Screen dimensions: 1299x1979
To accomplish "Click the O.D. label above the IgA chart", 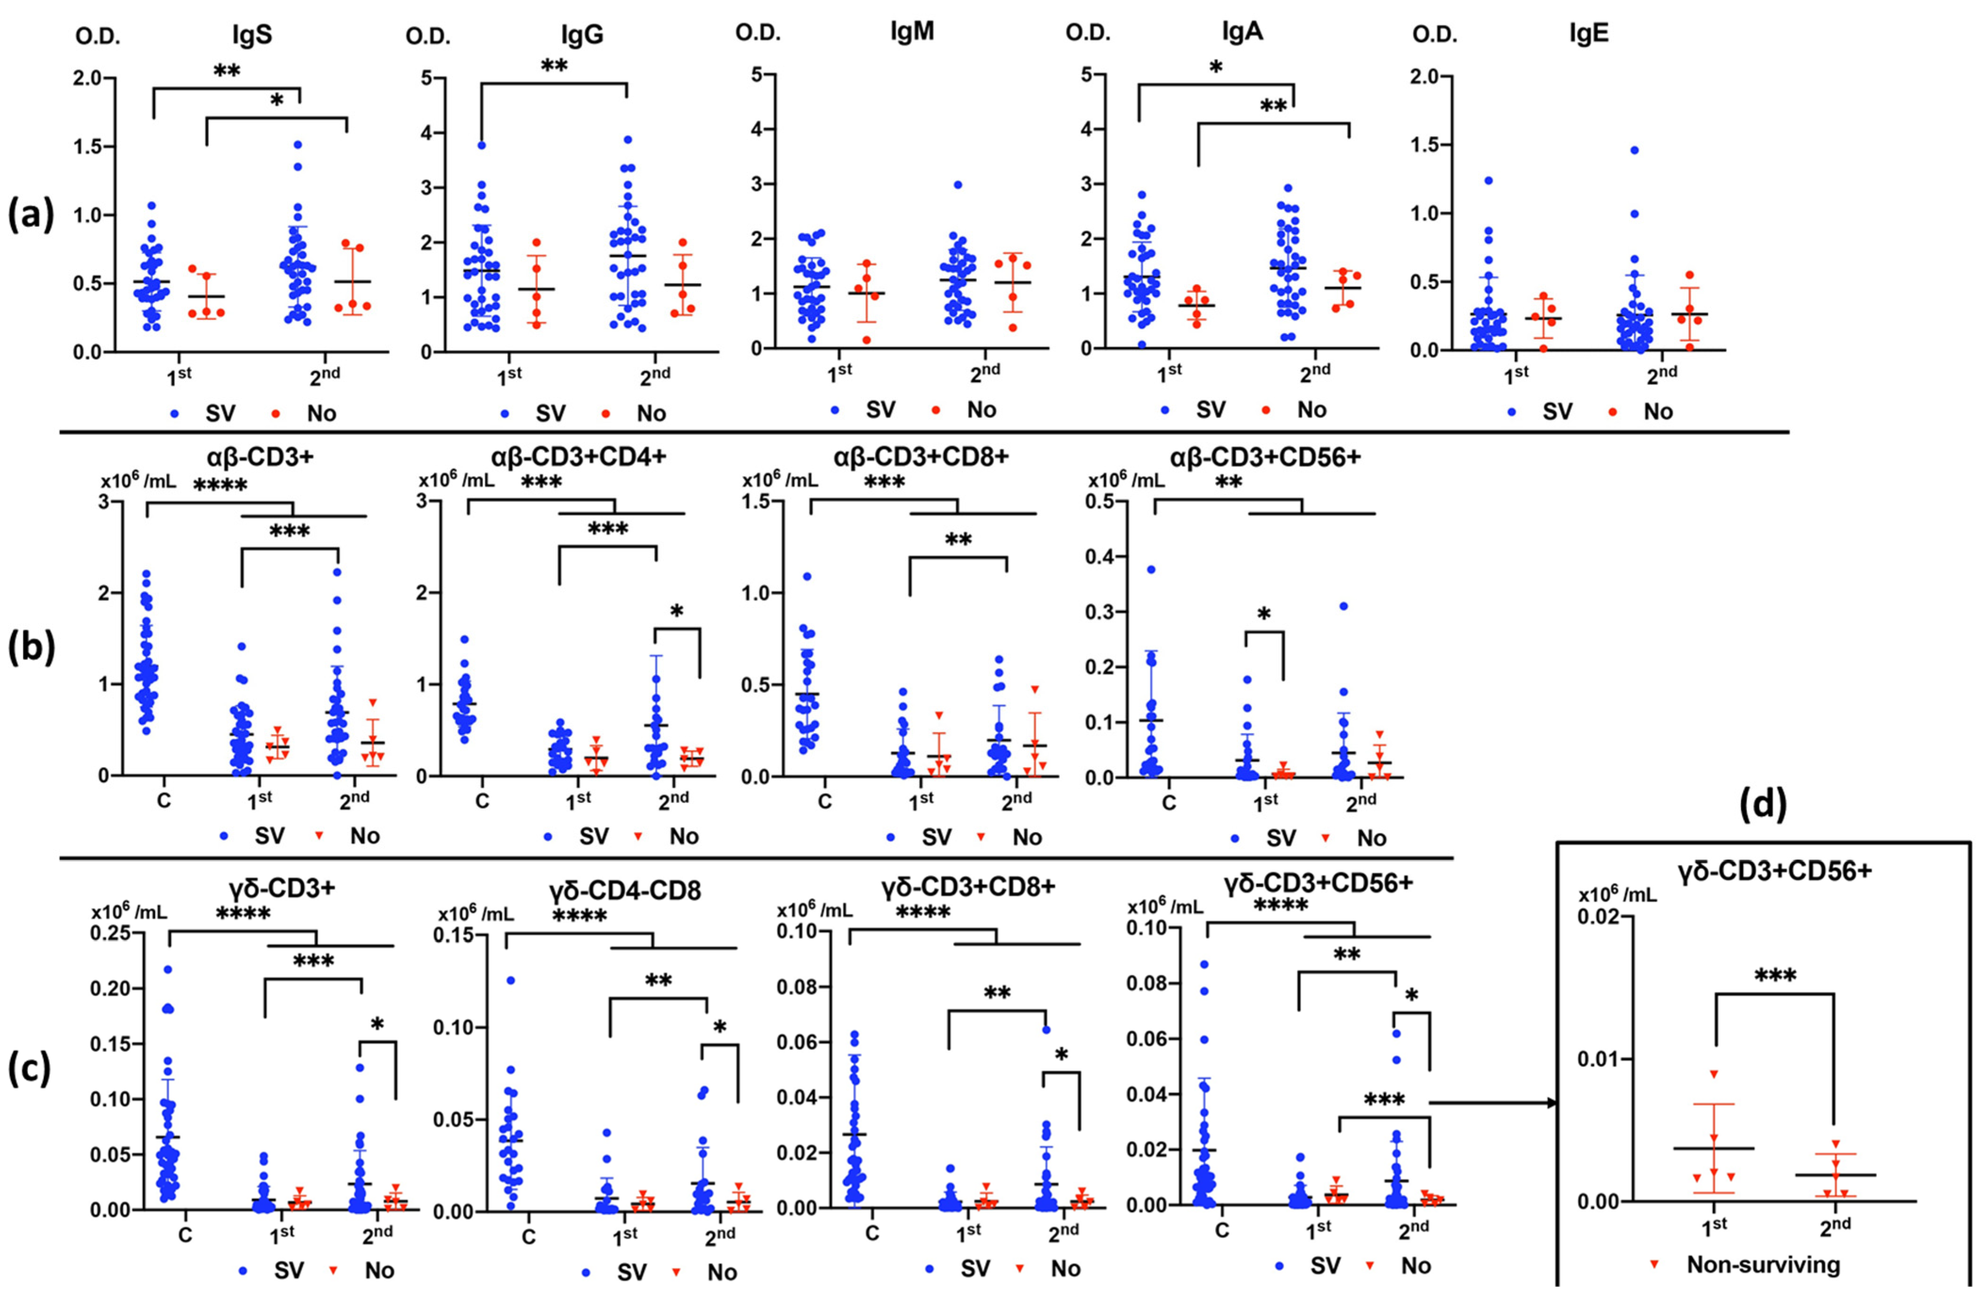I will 1088,34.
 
